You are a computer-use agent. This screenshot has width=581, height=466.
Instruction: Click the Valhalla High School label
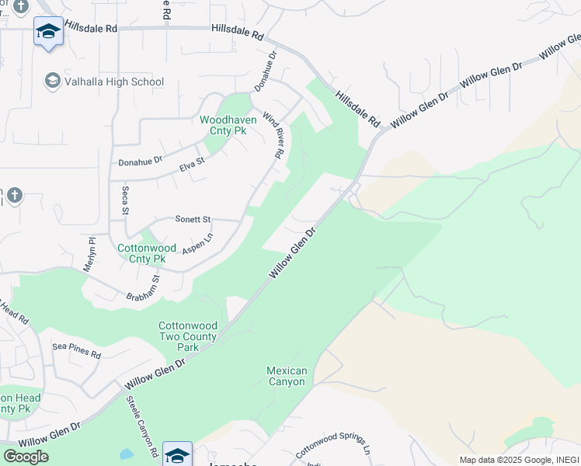tap(114, 82)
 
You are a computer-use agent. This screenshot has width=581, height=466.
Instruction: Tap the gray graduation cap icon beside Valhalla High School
tap(53, 81)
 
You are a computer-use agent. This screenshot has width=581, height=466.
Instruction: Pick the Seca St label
tap(124, 200)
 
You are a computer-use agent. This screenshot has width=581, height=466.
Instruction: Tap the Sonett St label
tap(193, 220)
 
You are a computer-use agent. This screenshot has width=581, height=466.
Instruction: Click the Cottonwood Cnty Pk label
tap(141, 253)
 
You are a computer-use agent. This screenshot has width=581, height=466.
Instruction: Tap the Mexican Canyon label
tap(287, 376)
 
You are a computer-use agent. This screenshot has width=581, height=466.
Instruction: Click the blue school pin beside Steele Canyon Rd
tap(177, 455)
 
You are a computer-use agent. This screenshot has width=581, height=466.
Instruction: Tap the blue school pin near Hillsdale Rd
tap(49, 33)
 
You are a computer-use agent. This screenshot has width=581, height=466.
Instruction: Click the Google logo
tap(26, 456)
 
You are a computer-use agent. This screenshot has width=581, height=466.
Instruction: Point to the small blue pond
tap(127, 454)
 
